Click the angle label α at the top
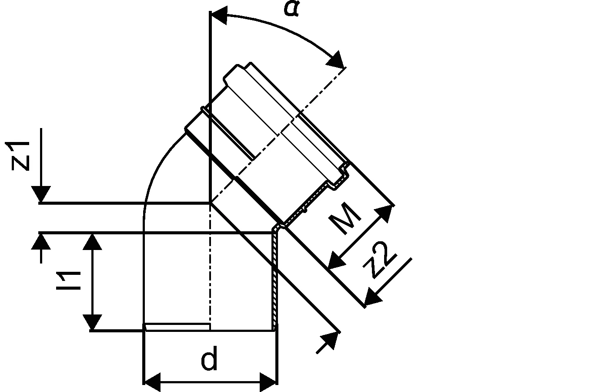click(x=291, y=9)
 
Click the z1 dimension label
click(x=17, y=156)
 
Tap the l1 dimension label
click(x=69, y=280)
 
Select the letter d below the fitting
click(x=209, y=358)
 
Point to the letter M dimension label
click(x=345, y=218)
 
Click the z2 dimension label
click(x=380, y=260)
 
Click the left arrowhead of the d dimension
click(x=152, y=382)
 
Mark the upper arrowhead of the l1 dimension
click(x=92, y=242)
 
